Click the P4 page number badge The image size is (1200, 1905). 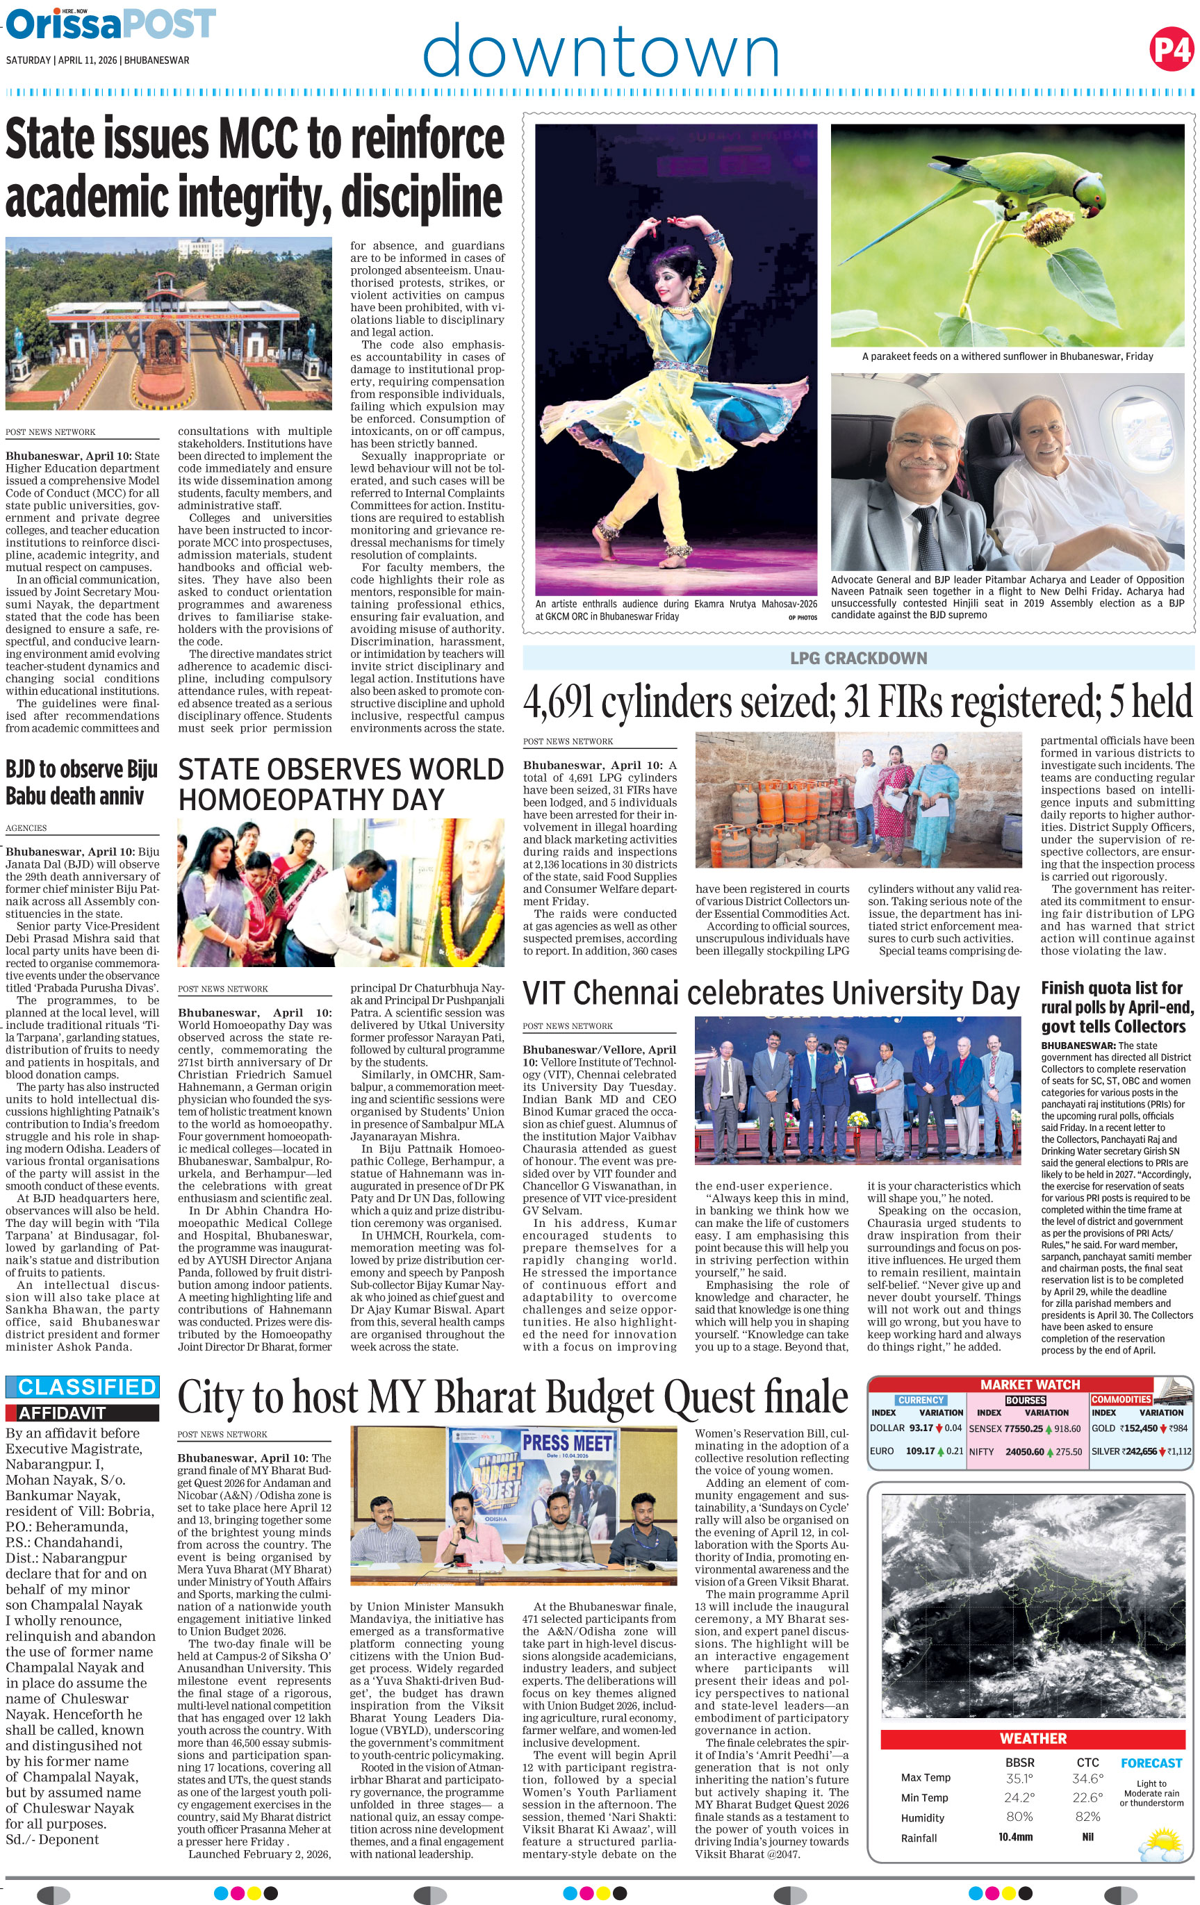pyautogui.click(x=1171, y=50)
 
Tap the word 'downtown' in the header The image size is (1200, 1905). pyautogui.click(x=600, y=52)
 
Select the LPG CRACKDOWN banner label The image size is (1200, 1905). pyautogui.click(x=858, y=658)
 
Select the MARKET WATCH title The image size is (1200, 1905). pyautogui.click(x=1029, y=1385)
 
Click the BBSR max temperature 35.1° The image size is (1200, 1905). pyautogui.click(x=1018, y=1777)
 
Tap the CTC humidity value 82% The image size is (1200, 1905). pyautogui.click(x=1087, y=1817)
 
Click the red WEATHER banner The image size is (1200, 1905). pyautogui.click(x=1033, y=1738)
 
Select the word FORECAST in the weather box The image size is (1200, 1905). pyautogui.click(x=1150, y=1763)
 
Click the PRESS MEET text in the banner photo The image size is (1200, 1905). pyautogui.click(x=567, y=1443)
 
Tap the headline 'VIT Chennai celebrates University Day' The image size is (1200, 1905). pyautogui.click(x=771, y=992)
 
